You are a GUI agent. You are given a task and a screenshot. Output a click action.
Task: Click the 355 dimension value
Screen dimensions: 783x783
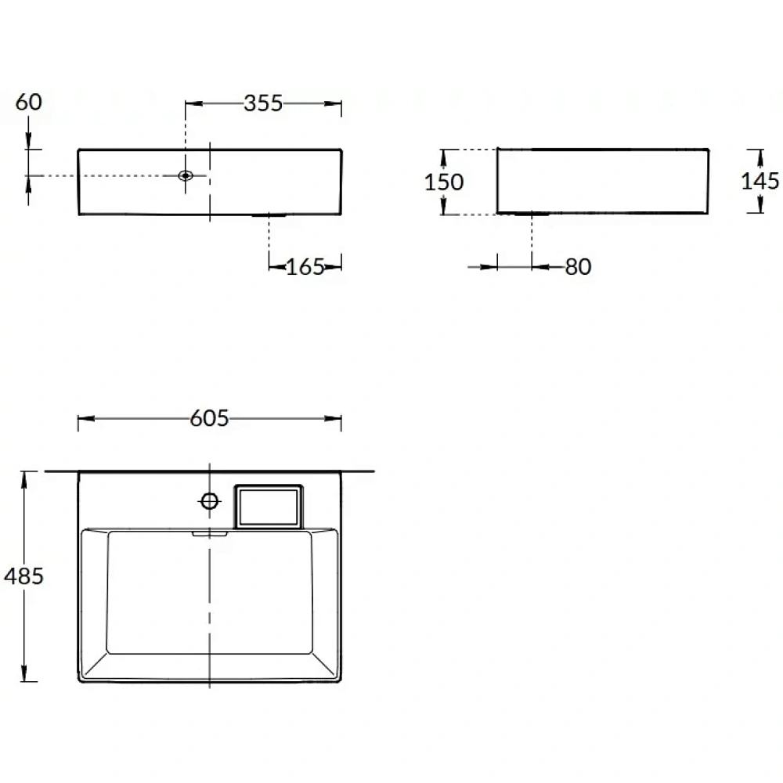tap(263, 103)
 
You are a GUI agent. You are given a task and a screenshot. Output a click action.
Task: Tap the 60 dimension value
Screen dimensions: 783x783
tap(28, 103)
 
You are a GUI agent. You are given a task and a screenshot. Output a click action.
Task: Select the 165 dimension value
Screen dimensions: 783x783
tap(305, 267)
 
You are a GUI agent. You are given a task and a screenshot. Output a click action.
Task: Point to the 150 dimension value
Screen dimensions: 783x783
tap(444, 182)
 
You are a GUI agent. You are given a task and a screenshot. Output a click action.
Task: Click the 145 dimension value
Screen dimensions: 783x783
tap(760, 181)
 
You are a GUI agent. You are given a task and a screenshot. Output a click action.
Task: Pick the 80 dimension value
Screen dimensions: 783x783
tap(579, 267)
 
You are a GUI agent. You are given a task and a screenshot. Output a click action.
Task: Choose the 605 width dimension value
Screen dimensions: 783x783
tap(209, 418)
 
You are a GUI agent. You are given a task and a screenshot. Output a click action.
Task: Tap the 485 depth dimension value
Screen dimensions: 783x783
tap(23, 576)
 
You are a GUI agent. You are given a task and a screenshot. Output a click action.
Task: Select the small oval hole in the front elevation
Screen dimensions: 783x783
tap(186, 175)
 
